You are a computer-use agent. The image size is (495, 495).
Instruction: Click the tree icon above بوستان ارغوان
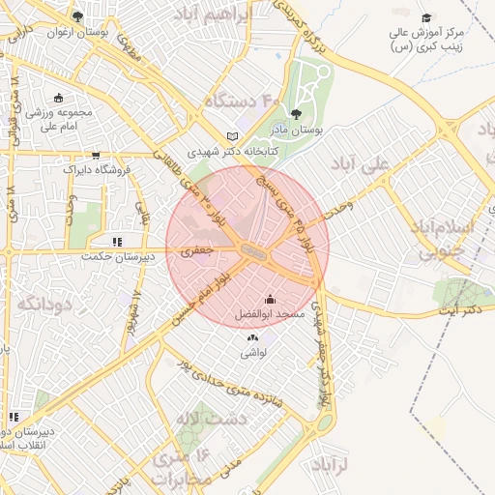[77, 15]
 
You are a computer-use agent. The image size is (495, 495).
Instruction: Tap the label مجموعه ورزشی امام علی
[60, 118]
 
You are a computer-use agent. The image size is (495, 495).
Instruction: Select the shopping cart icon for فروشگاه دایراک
[95, 155]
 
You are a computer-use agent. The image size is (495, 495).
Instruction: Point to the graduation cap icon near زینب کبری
[426, 17]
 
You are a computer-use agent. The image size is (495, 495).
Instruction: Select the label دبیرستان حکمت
[117, 256]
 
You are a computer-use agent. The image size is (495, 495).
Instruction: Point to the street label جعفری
[195, 250]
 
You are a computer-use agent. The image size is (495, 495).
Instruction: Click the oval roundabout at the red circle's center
[254, 250]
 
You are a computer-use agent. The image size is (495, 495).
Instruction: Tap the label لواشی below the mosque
[253, 354]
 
